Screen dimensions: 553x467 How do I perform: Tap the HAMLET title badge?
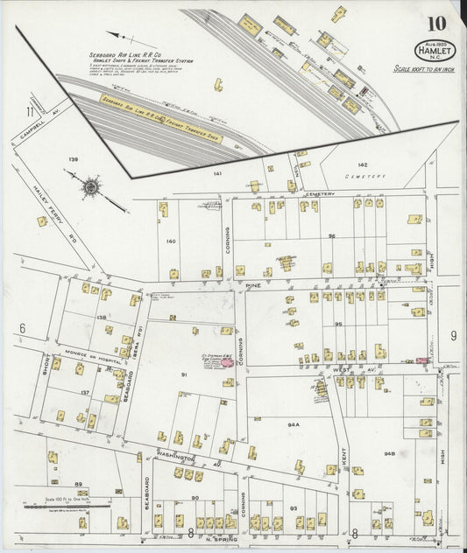click(430, 51)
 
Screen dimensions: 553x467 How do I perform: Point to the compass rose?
click(91, 186)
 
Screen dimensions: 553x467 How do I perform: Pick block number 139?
click(74, 159)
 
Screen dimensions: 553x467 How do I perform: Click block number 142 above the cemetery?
click(363, 164)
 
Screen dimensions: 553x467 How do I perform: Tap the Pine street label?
click(253, 285)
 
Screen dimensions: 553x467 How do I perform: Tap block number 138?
click(101, 318)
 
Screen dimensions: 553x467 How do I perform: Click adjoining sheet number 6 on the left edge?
click(20, 327)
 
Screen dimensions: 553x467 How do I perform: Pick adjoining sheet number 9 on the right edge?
click(453, 335)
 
